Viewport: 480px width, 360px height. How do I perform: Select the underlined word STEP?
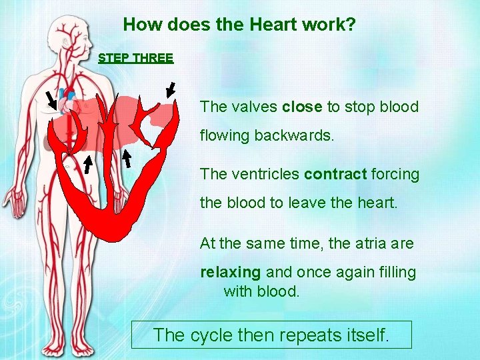[113, 58]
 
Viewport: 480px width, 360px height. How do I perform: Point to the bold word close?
[302, 107]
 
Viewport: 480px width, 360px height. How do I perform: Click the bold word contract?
[335, 175]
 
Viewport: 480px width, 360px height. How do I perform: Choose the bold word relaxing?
[231, 272]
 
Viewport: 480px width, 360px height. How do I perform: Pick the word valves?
[254, 107]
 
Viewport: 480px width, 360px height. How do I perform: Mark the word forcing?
[395, 175]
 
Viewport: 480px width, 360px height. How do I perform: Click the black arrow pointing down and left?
[171, 89]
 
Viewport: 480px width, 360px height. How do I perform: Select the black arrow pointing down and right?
[51, 100]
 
